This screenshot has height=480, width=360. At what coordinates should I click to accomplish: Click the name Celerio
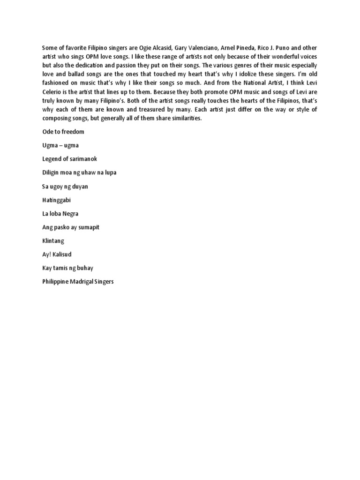[52, 92]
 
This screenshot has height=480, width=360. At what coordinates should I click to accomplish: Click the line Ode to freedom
[63, 132]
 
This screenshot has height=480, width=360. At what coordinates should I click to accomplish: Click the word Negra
[69, 214]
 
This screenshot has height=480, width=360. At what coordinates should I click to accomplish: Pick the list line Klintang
[53, 241]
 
